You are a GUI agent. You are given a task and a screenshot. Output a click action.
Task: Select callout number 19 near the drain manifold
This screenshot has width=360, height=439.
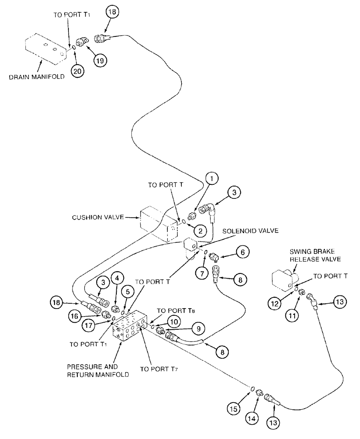point(101,61)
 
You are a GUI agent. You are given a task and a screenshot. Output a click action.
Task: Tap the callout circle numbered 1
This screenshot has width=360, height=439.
point(212,178)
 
